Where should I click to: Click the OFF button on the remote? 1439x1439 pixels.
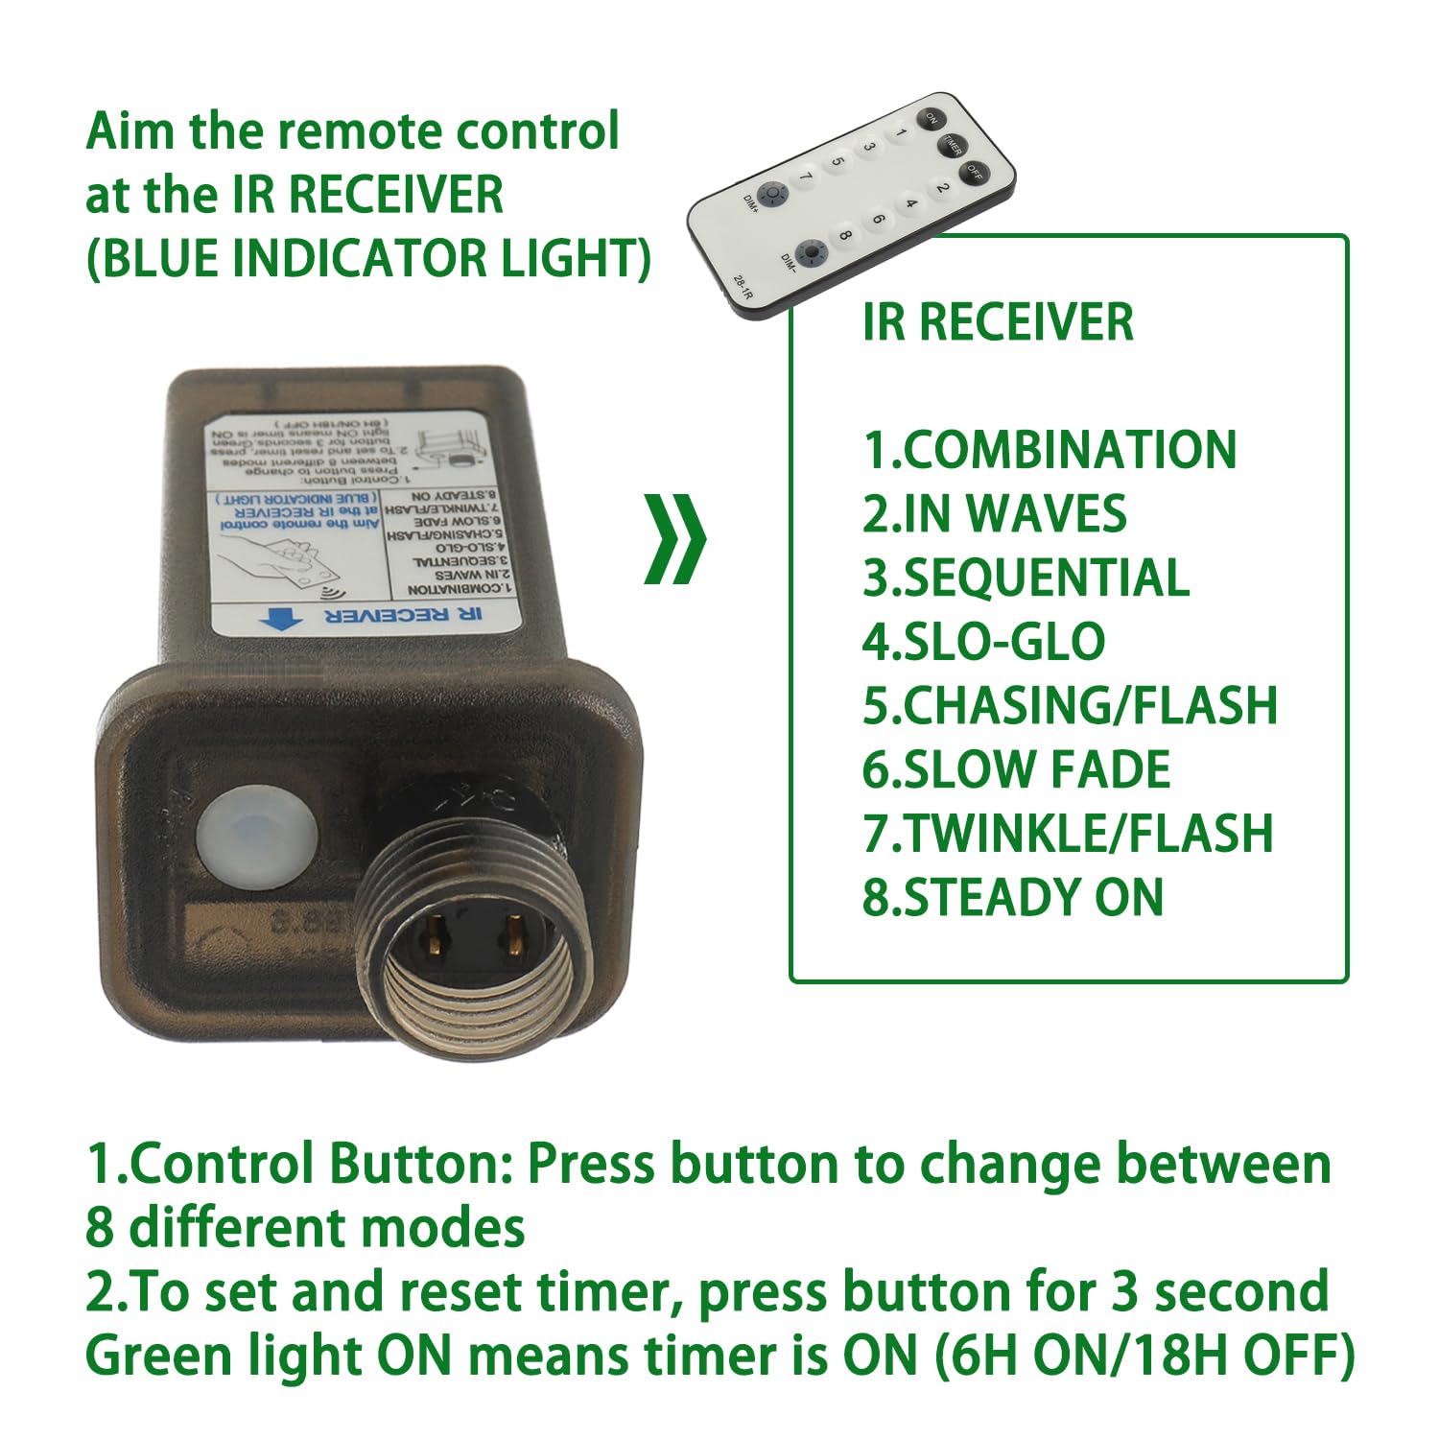975,174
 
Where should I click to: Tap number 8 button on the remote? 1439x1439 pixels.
844,234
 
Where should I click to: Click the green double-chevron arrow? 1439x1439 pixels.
674,539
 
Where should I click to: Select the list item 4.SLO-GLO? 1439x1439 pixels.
983,642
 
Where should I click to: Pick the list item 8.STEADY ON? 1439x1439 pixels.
1012,897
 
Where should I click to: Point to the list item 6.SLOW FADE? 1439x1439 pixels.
1016,769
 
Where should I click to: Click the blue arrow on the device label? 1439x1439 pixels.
281,619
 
